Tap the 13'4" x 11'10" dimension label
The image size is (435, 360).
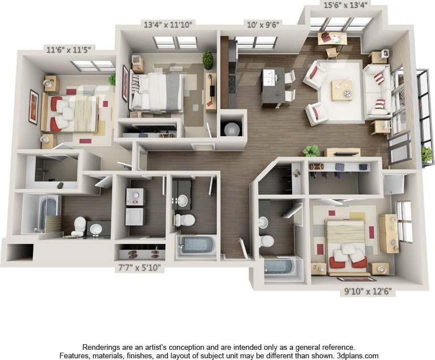point(167,24)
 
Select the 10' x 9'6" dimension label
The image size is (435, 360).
point(263,24)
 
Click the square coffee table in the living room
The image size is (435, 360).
point(342,90)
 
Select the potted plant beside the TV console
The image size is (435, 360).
point(311,151)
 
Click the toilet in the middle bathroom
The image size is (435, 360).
point(184,219)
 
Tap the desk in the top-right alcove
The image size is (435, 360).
point(332,38)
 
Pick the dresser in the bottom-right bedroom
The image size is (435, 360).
point(389,233)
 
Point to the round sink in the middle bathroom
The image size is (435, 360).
point(183,201)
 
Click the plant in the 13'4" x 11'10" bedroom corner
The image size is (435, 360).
point(208,59)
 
